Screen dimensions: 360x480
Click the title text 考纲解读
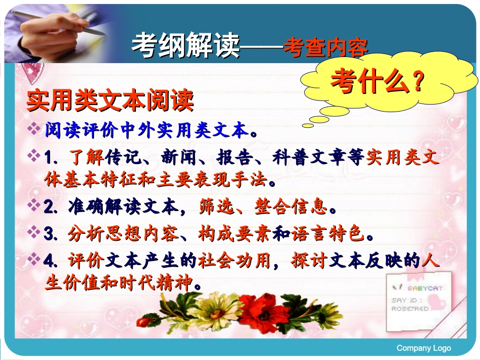[184, 47]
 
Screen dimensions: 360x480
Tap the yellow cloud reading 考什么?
[377, 81]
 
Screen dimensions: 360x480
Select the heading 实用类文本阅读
[110, 101]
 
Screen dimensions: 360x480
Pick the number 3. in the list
[53, 233]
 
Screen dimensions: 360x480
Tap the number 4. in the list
[53, 261]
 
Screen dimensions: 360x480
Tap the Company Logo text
[423, 348]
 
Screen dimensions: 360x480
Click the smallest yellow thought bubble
[308, 125]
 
